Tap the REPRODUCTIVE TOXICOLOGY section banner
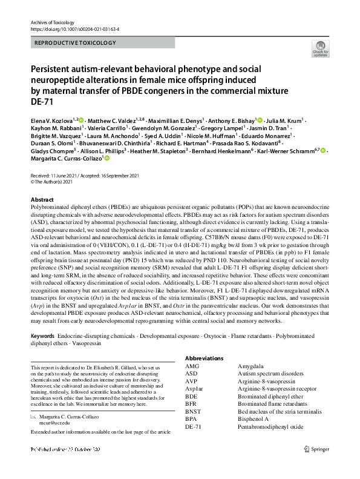click(x=75, y=43)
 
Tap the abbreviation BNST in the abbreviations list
click(x=194, y=411)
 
